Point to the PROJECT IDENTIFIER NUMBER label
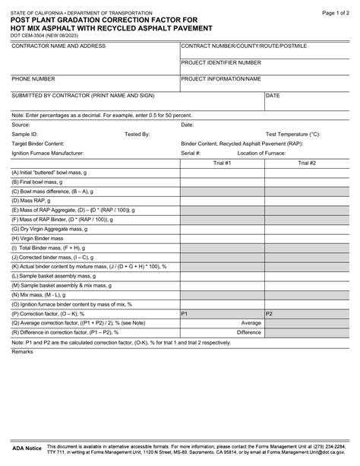220,62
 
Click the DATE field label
273,96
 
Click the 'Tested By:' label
137,133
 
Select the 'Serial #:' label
191,153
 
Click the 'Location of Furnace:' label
261,153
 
